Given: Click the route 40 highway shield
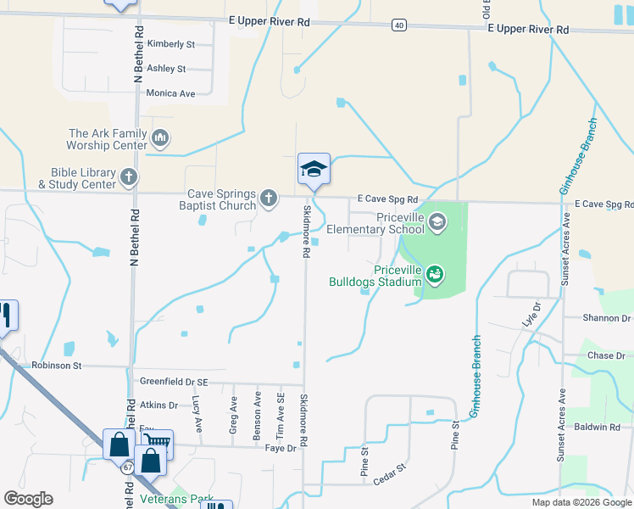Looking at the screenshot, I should tap(398, 25).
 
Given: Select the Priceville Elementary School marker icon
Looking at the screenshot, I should tap(437, 223).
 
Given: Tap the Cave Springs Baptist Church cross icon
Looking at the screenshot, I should tap(269, 199).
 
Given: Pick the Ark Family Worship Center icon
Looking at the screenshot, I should tap(160, 138).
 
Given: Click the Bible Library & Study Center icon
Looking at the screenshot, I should tap(128, 178).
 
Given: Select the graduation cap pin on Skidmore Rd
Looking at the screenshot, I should tap(314, 169).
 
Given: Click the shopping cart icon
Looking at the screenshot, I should tap(158, 443).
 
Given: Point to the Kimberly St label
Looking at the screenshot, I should tap(170, 44).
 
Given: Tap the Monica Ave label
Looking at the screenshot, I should tap(170, 93).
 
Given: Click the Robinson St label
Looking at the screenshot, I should tap(56, 366).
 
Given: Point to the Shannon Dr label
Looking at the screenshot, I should tap(607, 318).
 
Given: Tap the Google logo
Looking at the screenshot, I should tap(29, 499).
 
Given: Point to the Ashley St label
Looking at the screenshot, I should tap(166, 69).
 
